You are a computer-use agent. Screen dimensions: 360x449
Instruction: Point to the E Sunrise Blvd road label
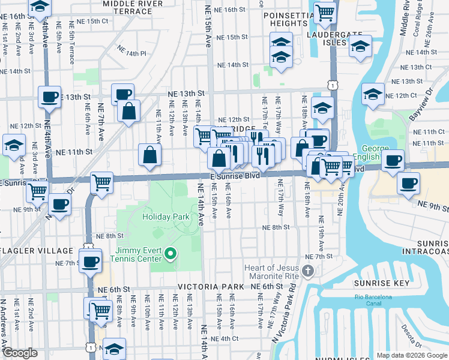[x=234, y=176]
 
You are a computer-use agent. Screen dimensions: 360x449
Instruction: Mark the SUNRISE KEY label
[x=390, y=283]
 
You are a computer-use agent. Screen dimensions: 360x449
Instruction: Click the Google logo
[x=20, y=353]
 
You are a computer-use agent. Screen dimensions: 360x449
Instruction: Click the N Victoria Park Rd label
[x=282, y=319]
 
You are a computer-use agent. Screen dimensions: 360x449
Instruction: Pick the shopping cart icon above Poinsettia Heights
[x=325, y=12]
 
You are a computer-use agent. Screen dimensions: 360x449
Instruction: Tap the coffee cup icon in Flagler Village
[x=90, y=262]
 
